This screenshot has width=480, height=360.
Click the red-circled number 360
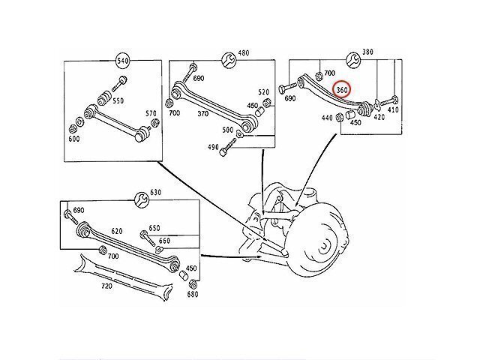(x=343, y=89)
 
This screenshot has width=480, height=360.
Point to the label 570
(x=151, y=114)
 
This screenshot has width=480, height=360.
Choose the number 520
(x=264, y=91)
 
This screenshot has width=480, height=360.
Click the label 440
(x=327, y=118)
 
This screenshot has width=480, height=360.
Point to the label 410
(x=394, y=110)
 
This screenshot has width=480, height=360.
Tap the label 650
(x=154, y=227)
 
